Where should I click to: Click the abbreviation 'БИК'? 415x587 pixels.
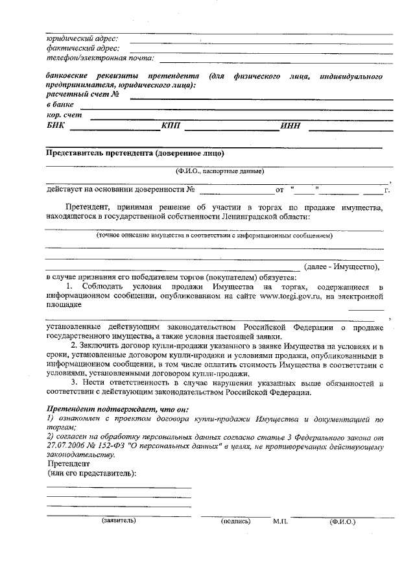point(56,126)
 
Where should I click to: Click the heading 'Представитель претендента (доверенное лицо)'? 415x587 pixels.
point(135,153)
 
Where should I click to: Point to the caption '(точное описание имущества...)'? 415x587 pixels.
point(214,235)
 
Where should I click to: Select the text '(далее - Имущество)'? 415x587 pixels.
point(341,267)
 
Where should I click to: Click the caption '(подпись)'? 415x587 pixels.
point(235,521)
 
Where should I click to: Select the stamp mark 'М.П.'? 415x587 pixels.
point(280,521)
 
